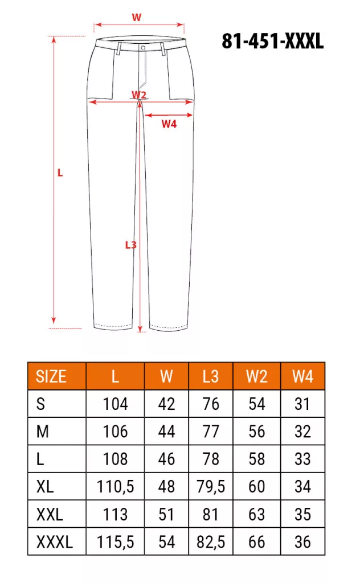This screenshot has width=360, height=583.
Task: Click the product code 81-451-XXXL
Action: point(273,41)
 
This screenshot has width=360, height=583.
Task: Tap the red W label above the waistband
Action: point(137,18)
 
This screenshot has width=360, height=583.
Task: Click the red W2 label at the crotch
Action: point(139,95)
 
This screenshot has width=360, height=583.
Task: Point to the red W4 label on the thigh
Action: point(169,124)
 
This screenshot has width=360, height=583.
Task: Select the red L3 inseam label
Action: point(130,245)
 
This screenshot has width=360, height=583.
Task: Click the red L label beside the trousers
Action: point(60,173)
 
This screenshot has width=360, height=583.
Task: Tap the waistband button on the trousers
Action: point(143,48)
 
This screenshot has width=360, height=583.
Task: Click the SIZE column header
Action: point(51,377)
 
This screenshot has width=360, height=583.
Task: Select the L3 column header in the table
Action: point(211,377)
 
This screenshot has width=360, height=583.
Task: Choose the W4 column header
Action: point(302,377)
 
